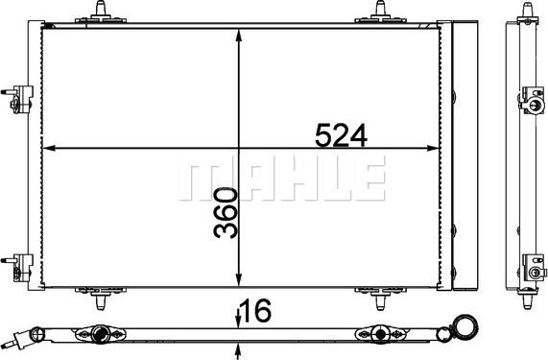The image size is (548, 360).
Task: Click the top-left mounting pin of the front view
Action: tap(100, 12)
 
